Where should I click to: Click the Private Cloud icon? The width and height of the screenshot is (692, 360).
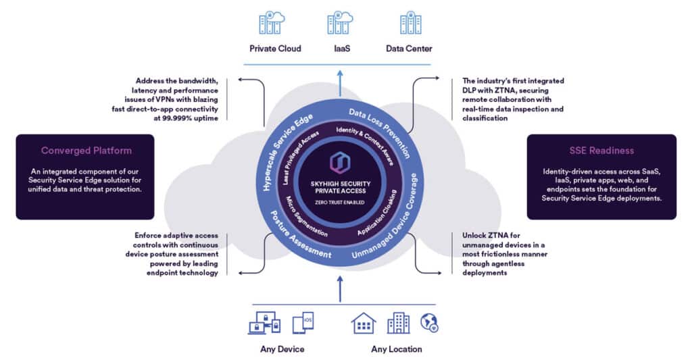(x=272, y=22)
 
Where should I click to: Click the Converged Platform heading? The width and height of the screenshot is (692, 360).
(x=86, y=151)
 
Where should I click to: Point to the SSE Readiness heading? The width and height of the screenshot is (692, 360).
(x=601, y=151)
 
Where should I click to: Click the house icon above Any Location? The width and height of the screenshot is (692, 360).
(x=364, y=324)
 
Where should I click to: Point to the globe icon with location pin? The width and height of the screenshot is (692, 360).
(x=429, y=323)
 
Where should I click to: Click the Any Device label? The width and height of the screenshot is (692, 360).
(x=282, y=349)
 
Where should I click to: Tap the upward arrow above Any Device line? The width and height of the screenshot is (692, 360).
(x=340, y=287)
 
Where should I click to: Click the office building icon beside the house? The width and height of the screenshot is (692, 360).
(x=398, y=324)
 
